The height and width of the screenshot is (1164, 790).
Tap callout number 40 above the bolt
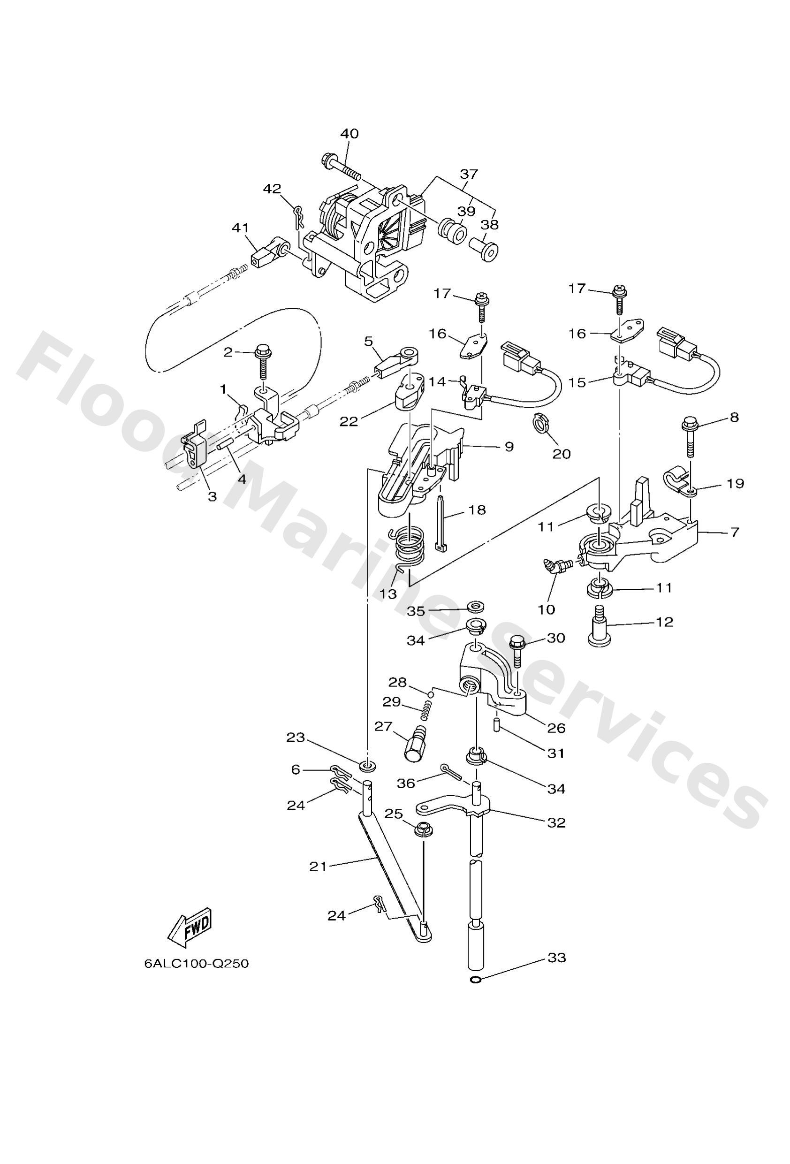(x=349, y=134)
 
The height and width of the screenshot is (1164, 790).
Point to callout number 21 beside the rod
(x=318, y=867)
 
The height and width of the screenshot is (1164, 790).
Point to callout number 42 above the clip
(x=273, y=189)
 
